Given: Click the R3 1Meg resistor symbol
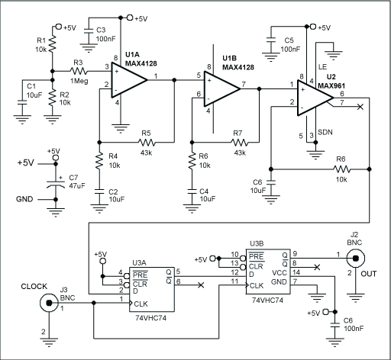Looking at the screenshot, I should pos(78,72).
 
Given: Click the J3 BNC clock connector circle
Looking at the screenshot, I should pos(46,304).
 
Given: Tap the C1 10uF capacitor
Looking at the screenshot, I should pos(21,98).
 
